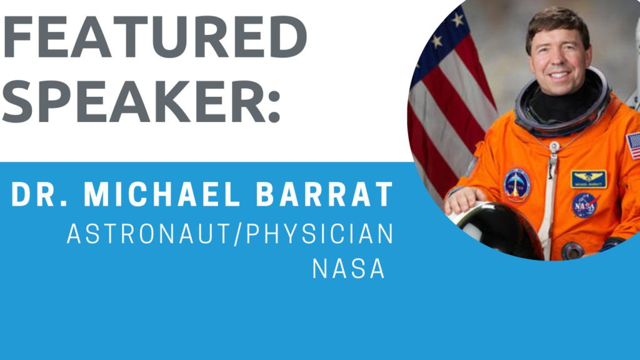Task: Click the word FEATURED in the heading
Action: (155, 37)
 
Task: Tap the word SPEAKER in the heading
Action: (135, 101)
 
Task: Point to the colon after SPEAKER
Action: (275, 106)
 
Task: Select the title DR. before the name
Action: (39, 194)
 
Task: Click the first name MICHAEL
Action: (162, 194)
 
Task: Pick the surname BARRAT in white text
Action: (324, 194)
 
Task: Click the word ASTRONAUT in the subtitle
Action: (149, 234)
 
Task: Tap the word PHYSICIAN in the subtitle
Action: (320, 234)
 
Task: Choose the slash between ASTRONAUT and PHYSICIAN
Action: (239, 234)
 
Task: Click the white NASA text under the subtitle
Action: (349, 269)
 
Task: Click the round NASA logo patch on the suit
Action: (584, 205)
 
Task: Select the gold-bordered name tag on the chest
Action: (588, 179)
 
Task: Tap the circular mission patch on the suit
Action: (517, 186)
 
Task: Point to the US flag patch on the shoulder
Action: (633, 145)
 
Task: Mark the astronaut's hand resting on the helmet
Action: (461, 200)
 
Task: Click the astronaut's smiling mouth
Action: (559, 75)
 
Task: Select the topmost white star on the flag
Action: (458, 19)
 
